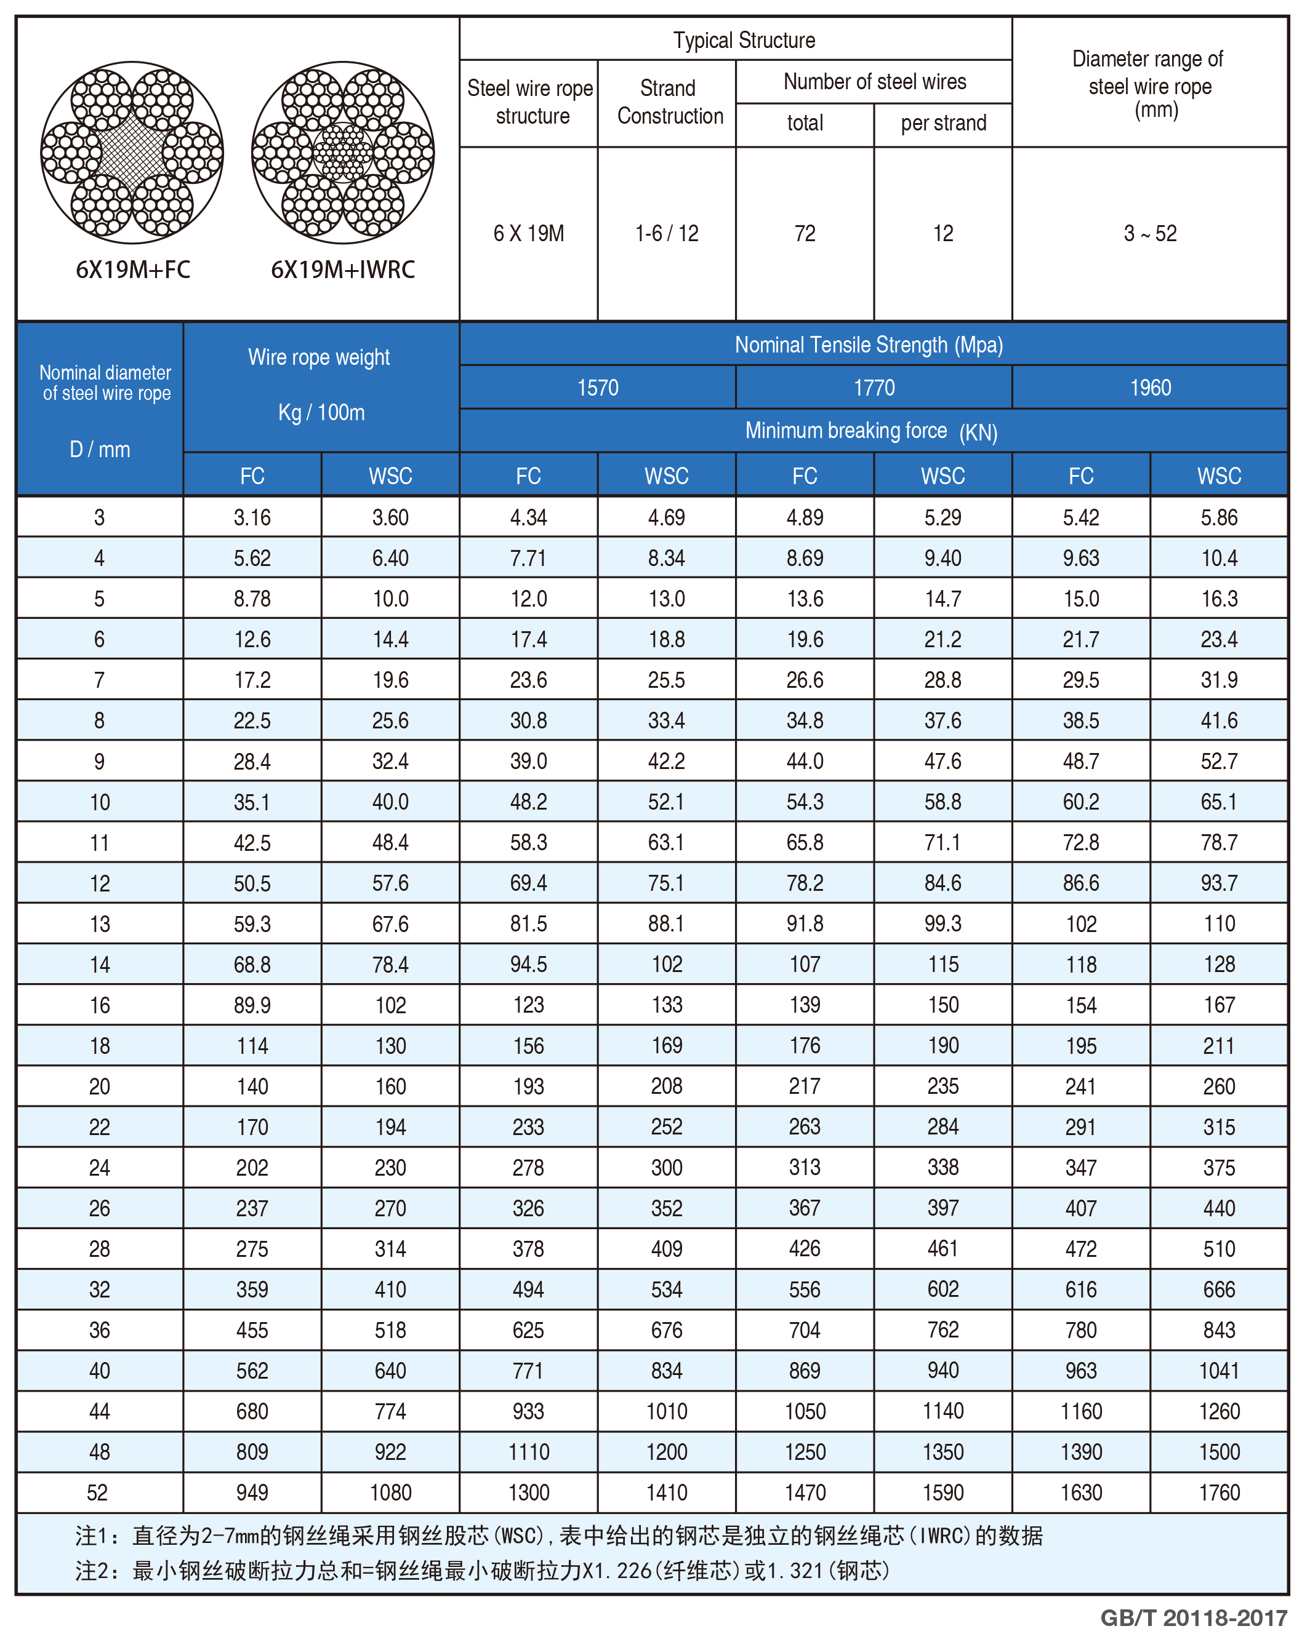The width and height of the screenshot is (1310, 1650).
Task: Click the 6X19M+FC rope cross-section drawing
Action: tap(132, 153)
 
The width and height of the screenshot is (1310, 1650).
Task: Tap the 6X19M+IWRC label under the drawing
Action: tap(343, 269)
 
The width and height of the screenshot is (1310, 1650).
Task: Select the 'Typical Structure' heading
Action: tap(744, 40)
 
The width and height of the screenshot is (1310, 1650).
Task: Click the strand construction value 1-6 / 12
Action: tap(666, 233)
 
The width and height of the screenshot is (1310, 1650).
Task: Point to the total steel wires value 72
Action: tap(805, 233)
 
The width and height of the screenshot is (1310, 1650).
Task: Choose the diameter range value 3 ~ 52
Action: tap(1150, 233)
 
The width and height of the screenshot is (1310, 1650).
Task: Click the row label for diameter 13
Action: tap(100, 923)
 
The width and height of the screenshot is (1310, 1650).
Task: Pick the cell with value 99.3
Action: tap(942, 923)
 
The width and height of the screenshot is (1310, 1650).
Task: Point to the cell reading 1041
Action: tap(1219, 1371)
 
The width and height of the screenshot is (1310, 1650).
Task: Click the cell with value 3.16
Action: tap(252, 517)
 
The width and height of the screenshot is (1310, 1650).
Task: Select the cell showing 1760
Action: tap(1219, 1493)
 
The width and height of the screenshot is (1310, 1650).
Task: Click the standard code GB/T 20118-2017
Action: tap(1194, 1618)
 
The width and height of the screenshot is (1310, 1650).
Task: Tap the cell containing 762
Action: tap(942, 1330)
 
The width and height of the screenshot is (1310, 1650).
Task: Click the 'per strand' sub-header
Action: tap(943, 122)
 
